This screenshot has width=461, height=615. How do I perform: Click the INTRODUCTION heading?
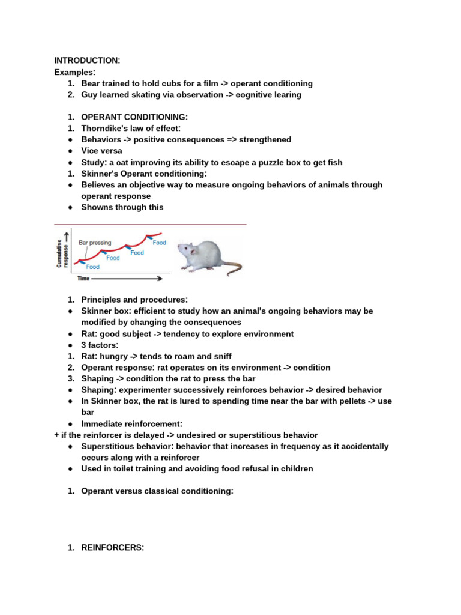click(x=87, y=61)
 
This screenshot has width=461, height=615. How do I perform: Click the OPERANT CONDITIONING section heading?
click(x=134, y=117)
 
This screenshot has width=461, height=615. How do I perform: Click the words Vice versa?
click(x=101, y=151)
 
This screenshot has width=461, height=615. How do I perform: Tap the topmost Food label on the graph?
click(x=159, y=243)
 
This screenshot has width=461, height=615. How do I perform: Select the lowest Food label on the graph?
click(x=92, y=267)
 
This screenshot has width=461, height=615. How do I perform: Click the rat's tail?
click(x=234, y=268)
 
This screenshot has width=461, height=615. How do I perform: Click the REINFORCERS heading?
click(x=113, y=547)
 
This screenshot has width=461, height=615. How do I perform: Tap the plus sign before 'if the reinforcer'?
click(x=56, y=435)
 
